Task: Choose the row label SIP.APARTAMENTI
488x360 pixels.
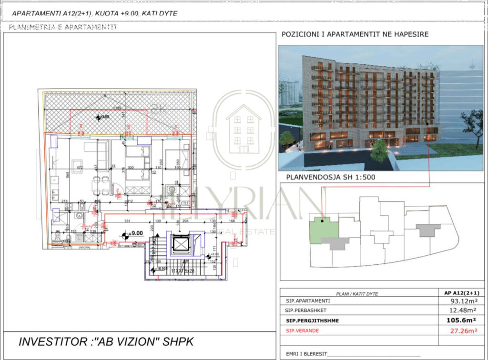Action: [x=308, y=301]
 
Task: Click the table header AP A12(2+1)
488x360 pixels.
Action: [x=458, y=293]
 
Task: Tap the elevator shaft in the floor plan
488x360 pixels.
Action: [x=182, y=244]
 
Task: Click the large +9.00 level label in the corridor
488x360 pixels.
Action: [x=136, y=233]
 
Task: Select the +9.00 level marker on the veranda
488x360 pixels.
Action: [x=102, y=116]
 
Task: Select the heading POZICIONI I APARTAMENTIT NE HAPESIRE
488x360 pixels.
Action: [x=355, y=34]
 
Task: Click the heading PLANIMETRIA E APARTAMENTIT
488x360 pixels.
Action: [x=63, y=27]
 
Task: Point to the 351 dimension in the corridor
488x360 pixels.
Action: [x=127, y=221]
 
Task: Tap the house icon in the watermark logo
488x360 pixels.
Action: [x=244, y=129]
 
